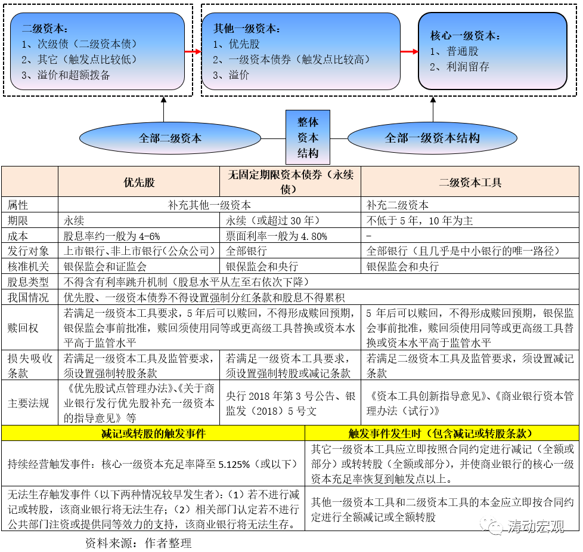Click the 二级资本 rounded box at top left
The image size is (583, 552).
pyautogui.click(x=98, y=51)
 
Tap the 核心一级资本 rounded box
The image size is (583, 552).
pyautogui.click(x=492, y=51)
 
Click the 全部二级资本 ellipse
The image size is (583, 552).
pyautogui.click(x=170, y=138)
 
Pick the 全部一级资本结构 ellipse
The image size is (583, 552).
pyautogui.click(x=432, y=138)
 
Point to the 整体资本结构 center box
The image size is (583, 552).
pyautogui.click(x=308, y=137)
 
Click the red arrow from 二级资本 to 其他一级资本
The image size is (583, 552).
pyautogui.click(x=193, y=51)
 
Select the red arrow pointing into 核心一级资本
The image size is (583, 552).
pyautogui.click(x=408, y=51)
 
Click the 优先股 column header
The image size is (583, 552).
pyautogui.click(x=139, y=182)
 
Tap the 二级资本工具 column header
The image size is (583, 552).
pyautogui.click(x=470, y=182)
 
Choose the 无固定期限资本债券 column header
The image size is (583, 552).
pyautogui.click(x=290, y=181)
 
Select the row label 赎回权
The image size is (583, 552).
pyautogui.click(x=23, y=328)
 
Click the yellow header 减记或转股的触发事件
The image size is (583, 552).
pyautogui.click(x=153, y=434)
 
